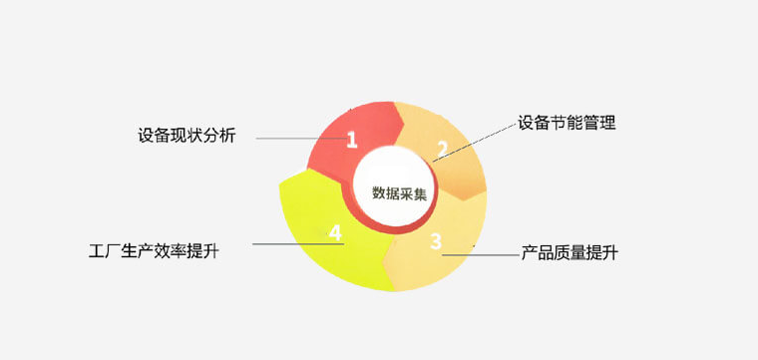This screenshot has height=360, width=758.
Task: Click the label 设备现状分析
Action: tap(188, 136)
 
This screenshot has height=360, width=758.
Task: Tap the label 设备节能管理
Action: tap(567, 124)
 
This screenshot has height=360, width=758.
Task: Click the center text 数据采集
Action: tap(399, 193)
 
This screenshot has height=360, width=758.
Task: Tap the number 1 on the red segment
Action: tap(351, 140)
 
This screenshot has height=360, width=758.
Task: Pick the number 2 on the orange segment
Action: tap(441, 151)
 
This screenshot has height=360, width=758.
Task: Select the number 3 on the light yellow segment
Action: tap(436, 240)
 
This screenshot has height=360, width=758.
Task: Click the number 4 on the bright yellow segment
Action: tap(335, 233)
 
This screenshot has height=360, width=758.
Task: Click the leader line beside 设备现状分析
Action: tap(299, 138)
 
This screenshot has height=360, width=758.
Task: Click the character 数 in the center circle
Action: tap(378, 193)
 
